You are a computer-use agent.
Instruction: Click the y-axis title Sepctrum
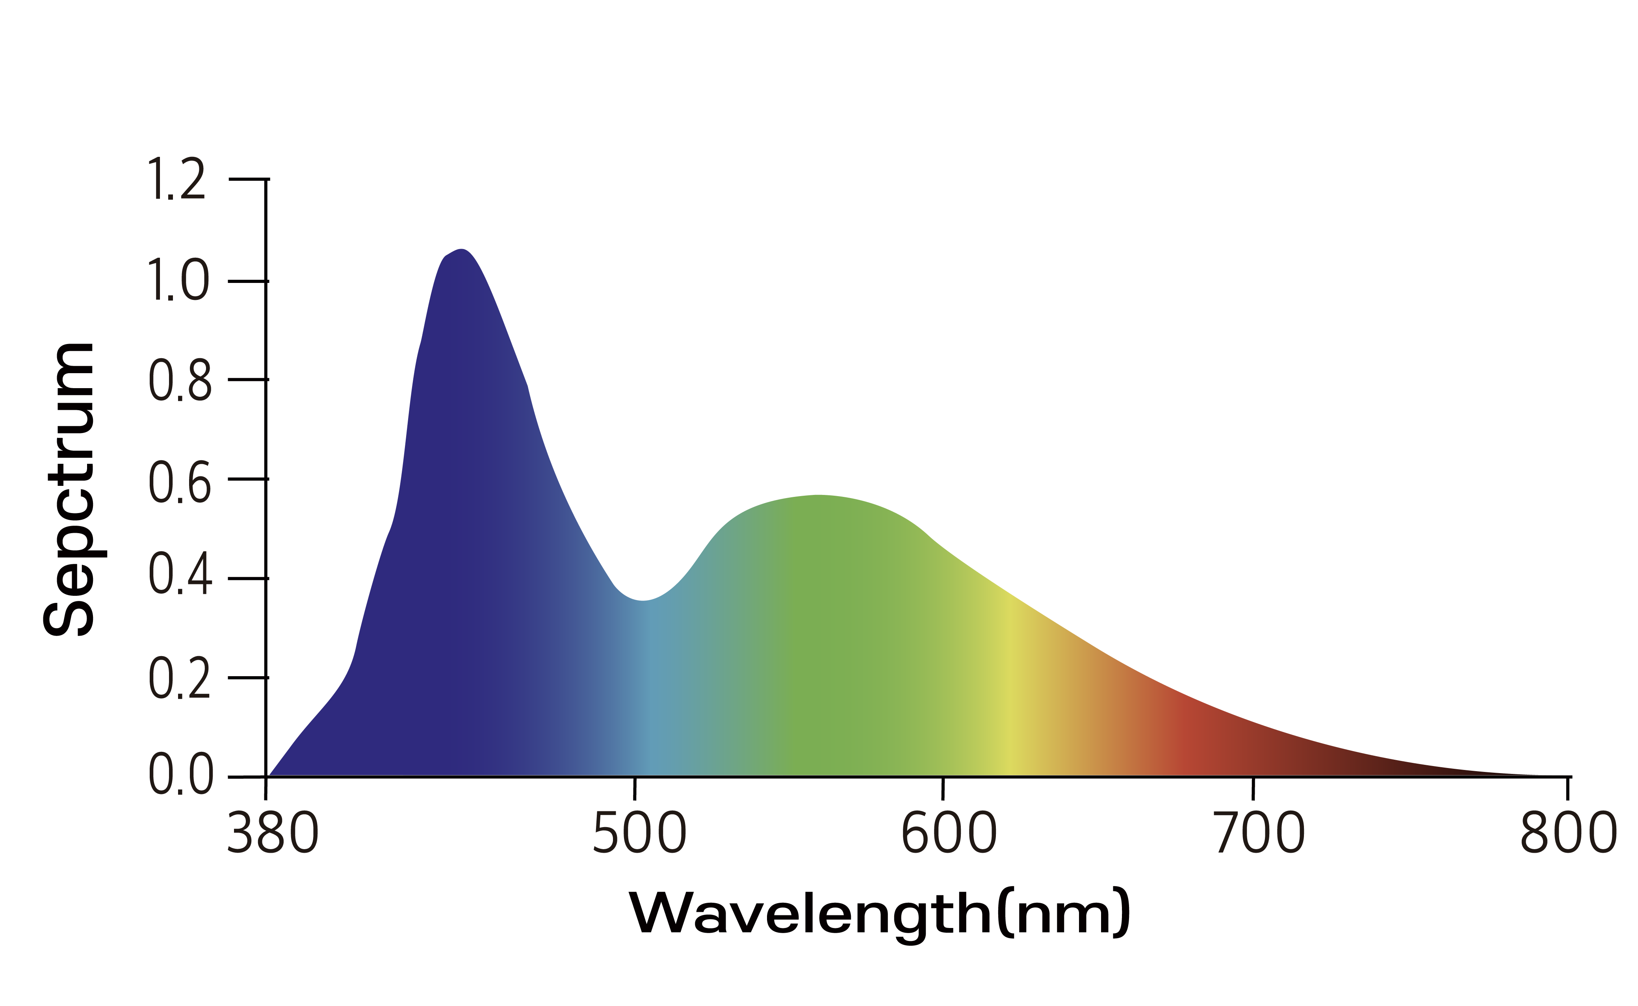tap(69, 490)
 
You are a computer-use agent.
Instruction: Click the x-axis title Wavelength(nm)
tap(879, 913)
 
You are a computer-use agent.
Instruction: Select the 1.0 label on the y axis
tap(178, 281)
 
